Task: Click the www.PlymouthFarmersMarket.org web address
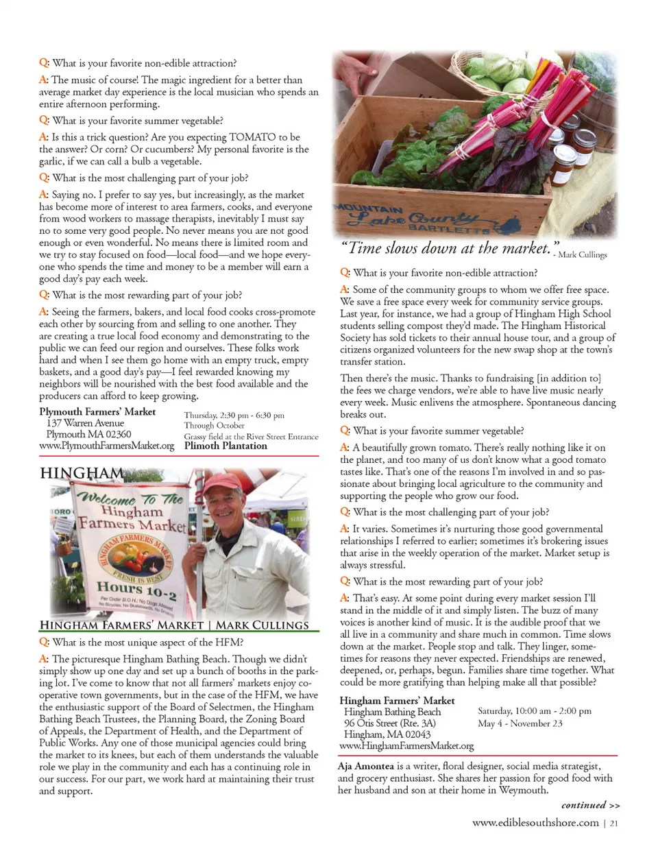107,446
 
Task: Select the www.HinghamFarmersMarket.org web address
406,745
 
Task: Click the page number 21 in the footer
613,823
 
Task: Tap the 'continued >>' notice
590,805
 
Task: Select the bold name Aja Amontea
366,766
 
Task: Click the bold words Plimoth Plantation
226,446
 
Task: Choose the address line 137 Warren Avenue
85,423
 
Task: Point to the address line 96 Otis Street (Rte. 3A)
389,723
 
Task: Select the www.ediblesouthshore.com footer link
535,823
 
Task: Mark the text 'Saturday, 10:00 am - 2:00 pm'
534,711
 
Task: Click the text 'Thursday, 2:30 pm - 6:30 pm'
234,416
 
